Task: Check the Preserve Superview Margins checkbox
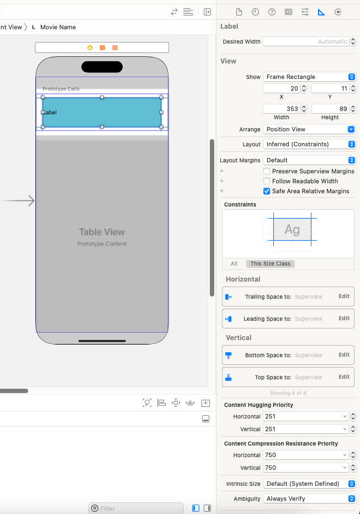267,171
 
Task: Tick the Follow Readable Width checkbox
267,181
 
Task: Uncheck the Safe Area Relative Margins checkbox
267,191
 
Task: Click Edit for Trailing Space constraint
344,296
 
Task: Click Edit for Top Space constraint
344,377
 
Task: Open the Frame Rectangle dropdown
309,77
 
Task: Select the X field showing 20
281,88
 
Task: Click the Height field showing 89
330,109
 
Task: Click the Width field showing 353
281,109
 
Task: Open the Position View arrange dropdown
309,129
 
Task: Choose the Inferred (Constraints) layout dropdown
309,144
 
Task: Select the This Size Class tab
271,263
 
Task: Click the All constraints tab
234,263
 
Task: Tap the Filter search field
136,508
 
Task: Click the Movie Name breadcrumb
58,27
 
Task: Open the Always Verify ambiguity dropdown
309,499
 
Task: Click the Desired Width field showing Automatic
306,41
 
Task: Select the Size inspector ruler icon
321,12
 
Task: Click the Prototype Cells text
61,89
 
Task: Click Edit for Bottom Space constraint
344,354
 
